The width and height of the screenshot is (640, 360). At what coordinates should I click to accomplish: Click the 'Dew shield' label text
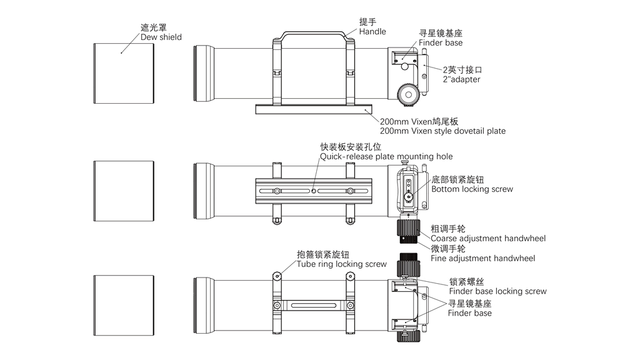[161, 37]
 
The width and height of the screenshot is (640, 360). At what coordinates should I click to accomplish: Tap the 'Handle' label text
[372, 31]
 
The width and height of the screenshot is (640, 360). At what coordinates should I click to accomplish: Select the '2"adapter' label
[462, 79]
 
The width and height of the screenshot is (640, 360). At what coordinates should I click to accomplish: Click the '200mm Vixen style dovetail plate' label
[442, 131]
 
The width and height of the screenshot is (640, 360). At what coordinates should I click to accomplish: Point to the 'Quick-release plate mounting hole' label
[386, 156]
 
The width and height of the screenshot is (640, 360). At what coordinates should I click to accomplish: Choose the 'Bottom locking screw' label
[472, 189]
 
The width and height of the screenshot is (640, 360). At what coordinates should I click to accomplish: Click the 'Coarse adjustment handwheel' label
[488, 238]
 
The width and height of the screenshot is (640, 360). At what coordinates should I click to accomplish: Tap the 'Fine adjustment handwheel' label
[483, 258]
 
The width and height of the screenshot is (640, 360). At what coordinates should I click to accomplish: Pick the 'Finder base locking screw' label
[497, 291]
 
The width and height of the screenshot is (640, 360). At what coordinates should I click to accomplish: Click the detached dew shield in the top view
[124, 73]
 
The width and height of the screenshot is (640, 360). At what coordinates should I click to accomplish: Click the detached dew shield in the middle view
[124, 191]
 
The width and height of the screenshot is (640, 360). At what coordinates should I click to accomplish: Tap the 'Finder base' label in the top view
[441, 42]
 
